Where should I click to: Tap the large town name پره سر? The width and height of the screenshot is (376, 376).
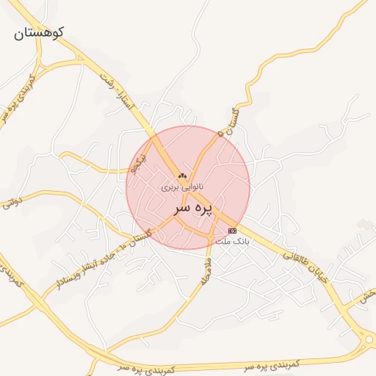click(192, 208)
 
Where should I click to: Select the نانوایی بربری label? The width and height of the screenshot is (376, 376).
click(181, 187)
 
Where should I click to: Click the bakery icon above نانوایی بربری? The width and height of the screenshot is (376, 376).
click(183, 176)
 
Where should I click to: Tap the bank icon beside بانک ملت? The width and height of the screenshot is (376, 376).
click(233, 231)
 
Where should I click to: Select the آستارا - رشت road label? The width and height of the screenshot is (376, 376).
click(117, 93)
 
